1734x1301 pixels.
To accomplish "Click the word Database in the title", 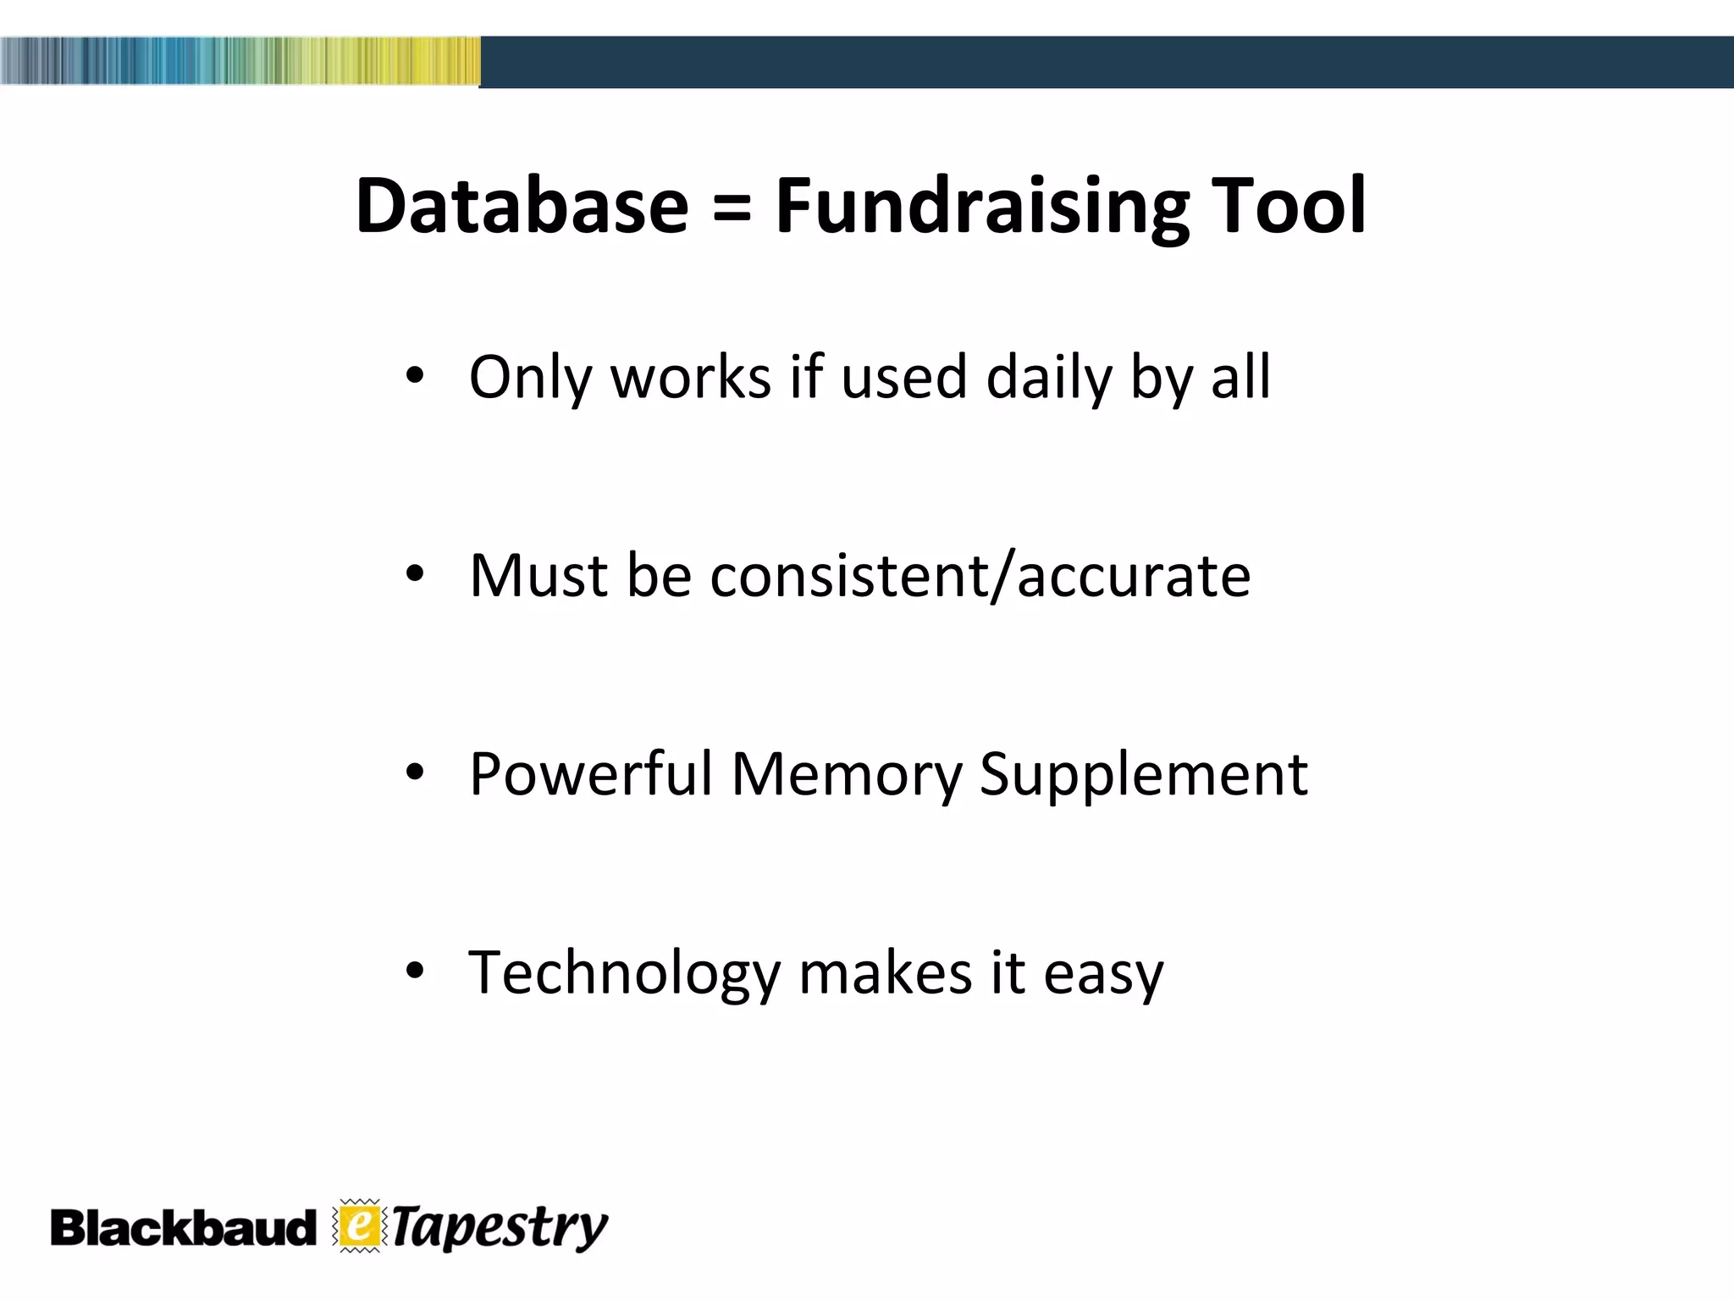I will coord(522,206).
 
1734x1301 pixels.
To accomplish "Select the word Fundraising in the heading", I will coord(982,208).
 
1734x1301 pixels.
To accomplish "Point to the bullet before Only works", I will coord(413,376).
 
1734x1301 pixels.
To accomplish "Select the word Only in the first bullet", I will coord(530,377).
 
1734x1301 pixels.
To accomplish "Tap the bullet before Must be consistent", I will coord(413,575).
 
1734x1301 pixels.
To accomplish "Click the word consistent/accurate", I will coord(980,576).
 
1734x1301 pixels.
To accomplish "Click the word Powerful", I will coord(591,774).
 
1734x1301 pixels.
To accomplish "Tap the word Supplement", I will coord(1143,774).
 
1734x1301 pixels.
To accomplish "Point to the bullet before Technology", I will coord(413,972).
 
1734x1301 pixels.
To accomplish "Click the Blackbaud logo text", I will coord(182,1228).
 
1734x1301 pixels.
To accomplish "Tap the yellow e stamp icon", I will coord(360,1226).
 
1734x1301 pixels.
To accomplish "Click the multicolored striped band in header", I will coord(240,61).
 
